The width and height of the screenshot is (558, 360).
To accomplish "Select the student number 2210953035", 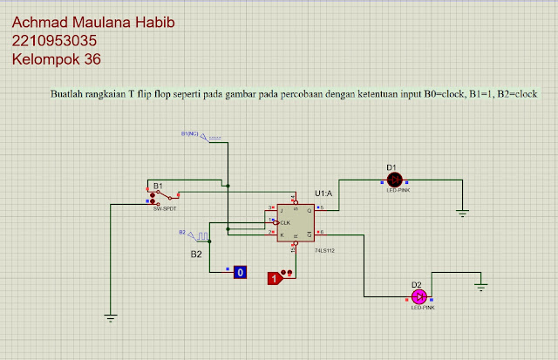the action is pos(54,41).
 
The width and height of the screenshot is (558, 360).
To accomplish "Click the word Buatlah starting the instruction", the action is pos(69,93).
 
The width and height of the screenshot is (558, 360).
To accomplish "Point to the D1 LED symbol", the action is pos(394,179).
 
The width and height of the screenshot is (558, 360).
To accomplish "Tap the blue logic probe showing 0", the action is pos(241,273).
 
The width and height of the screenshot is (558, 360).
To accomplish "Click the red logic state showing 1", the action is pos(274,278).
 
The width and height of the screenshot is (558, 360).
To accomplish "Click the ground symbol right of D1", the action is pos(463,211).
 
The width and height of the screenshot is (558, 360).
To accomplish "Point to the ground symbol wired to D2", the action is pos(480,284).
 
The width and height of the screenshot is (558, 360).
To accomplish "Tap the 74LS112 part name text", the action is pos(325,250).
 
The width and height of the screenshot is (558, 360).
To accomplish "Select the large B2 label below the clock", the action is pos(197,254).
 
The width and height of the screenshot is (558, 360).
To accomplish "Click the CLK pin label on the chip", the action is pos(285,223).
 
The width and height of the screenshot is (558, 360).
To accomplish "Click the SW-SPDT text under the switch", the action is pos(164,209).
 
